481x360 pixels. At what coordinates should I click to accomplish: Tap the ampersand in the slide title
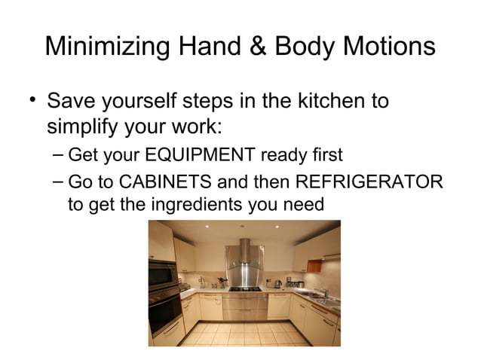coord(256,47)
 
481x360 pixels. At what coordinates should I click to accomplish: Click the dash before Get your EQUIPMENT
coord(59,156)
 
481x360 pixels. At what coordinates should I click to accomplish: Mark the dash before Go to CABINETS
coord(59,183)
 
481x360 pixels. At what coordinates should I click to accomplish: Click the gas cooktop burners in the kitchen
coord(244,288)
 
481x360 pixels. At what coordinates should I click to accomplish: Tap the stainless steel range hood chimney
coord(244,252)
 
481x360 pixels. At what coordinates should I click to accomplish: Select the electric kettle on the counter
coord(277,283)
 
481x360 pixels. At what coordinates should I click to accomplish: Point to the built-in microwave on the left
coord(163,276)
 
